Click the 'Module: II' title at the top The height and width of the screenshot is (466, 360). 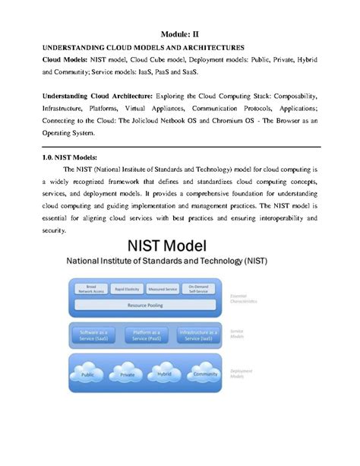pos(179,33)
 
